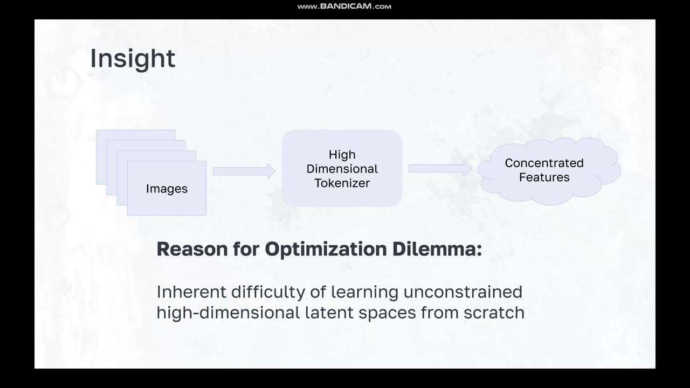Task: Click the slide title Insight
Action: point(133,59)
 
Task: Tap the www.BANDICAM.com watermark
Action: point(344,6)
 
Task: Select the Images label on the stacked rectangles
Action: point(167,189)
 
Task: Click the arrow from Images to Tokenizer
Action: point(244,171)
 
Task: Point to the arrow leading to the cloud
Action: point(440,168)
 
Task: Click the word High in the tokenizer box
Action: point(342,155)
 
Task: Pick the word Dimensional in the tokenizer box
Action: point(342,169)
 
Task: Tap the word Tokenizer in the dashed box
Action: point(342,183)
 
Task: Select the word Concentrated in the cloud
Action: point(544,163)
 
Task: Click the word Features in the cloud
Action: point(544,177)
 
